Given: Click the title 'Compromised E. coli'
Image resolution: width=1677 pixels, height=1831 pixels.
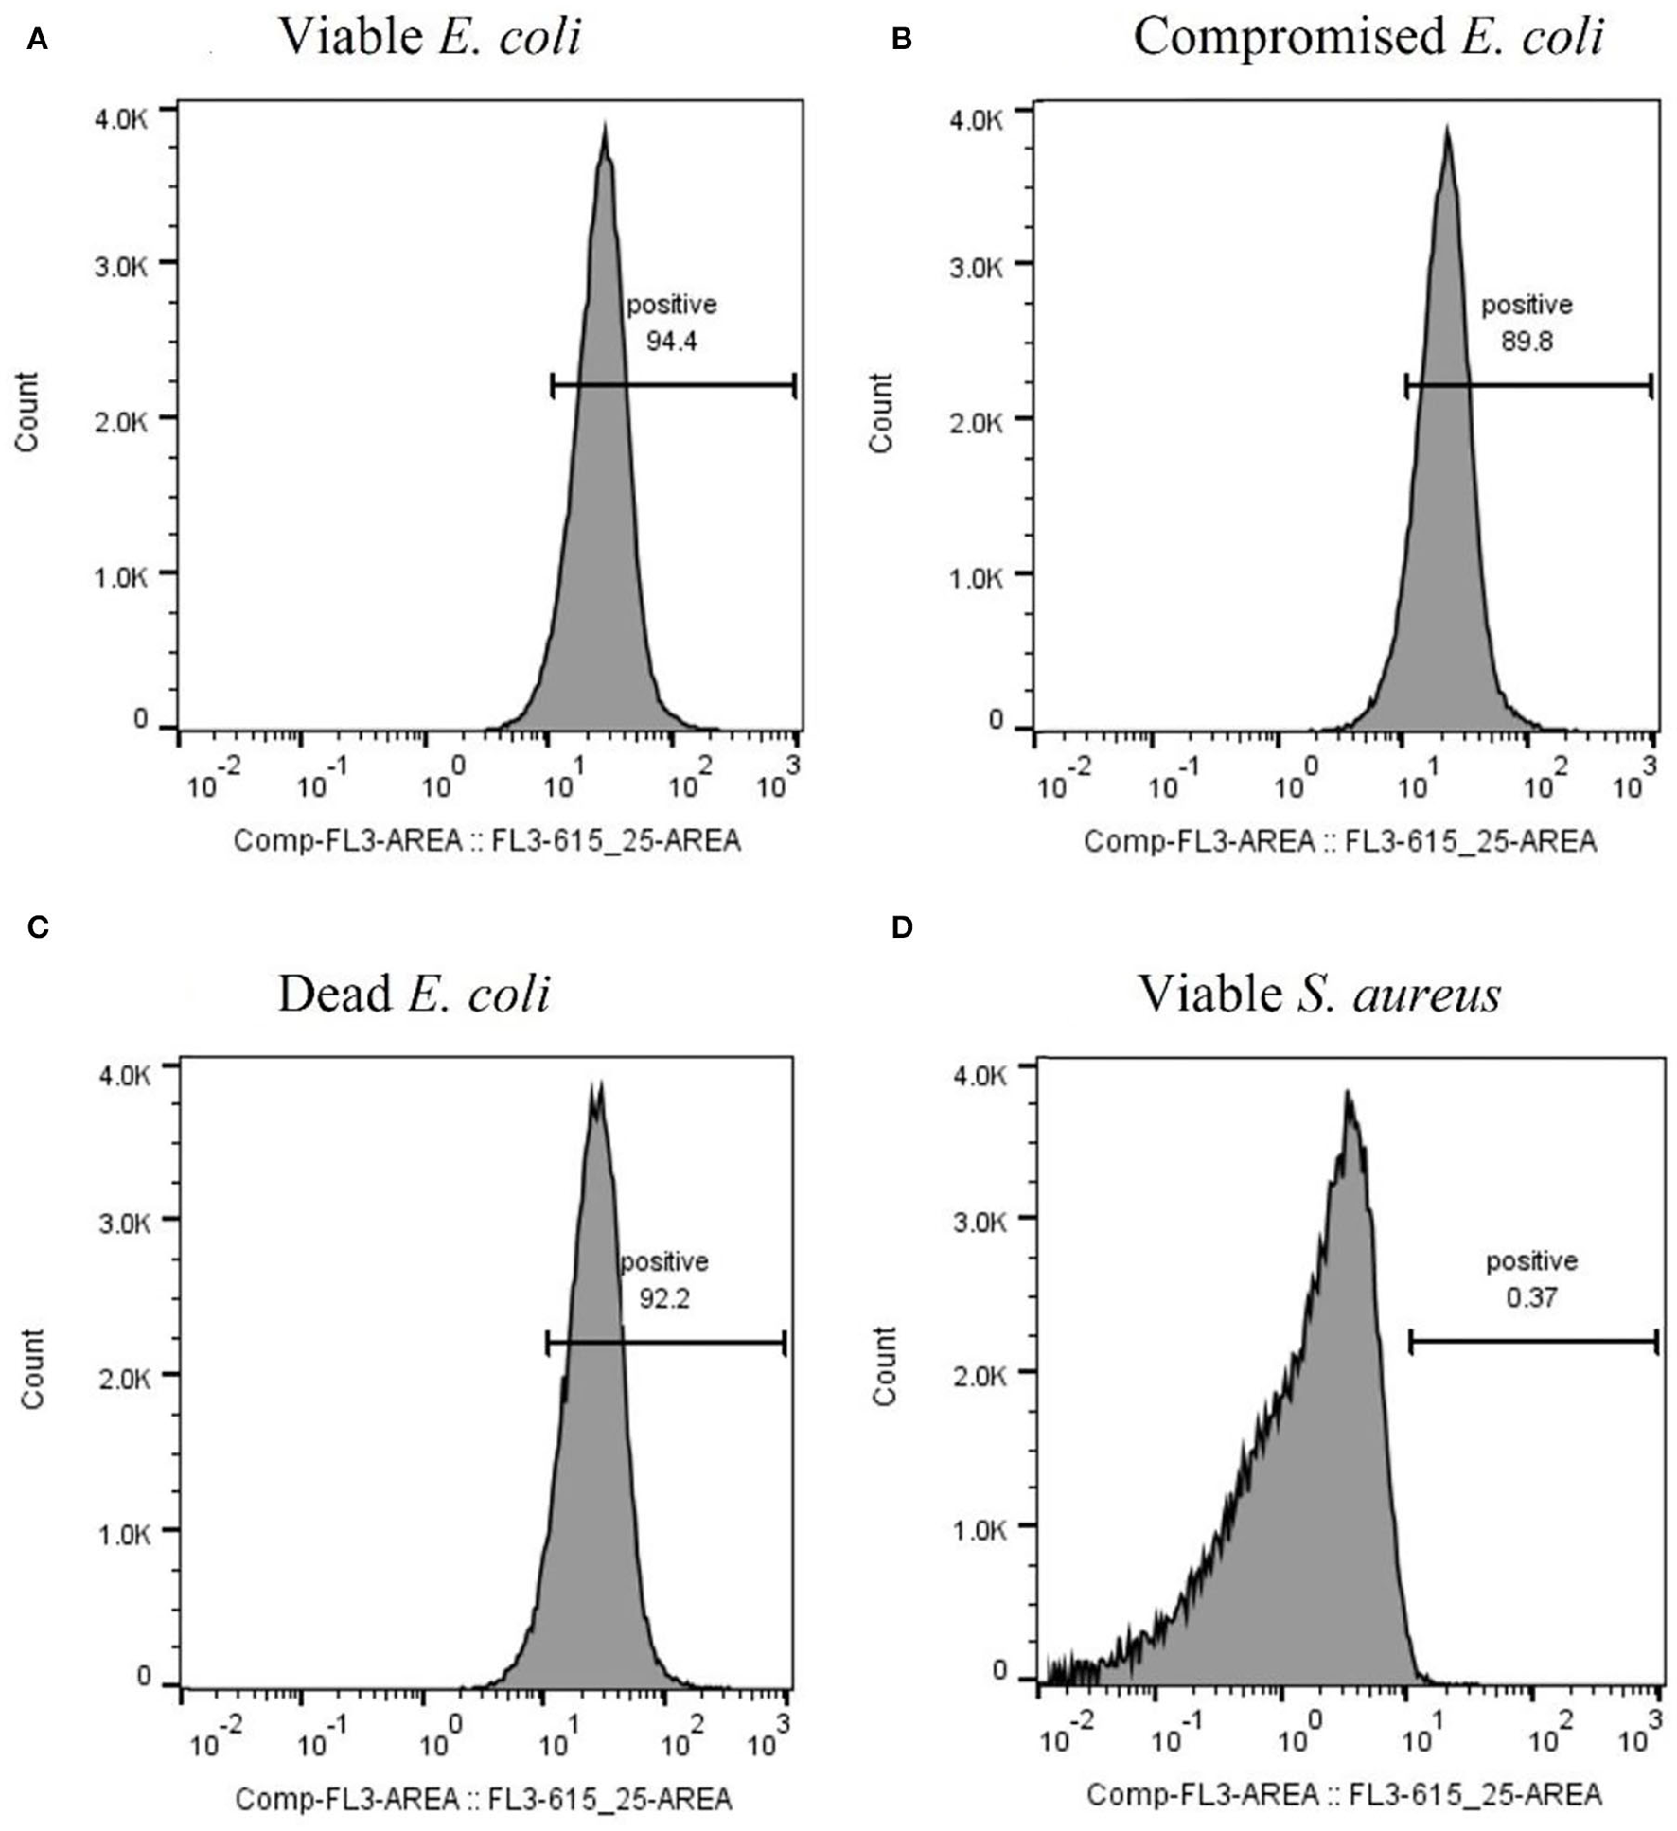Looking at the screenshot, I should click(1368, 39).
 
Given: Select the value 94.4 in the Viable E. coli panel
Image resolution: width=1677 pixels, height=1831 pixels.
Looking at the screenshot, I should click(671, 341).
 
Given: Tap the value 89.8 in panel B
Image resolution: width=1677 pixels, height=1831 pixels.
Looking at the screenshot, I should click(1527, 341).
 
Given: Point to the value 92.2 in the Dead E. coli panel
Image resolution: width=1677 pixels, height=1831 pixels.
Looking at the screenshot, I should click(663, 1297).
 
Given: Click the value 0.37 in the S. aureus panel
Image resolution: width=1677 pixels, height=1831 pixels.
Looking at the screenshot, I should click(1531, 1296).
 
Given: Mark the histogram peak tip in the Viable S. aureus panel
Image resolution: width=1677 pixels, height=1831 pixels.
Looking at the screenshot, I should click(1348, 1094).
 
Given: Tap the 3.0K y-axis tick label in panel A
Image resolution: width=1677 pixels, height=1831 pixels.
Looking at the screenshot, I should click(121, 266).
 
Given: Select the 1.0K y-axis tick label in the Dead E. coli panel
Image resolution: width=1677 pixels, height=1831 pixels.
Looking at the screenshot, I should click(124, 1535).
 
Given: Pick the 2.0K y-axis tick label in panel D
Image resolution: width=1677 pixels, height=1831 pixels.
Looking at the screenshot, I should click(980, 1375).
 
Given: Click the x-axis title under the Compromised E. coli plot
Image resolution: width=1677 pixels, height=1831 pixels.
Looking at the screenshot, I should click(1339, 840).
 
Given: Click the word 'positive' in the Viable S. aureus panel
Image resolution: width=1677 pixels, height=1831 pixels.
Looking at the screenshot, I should click(1531, 1260).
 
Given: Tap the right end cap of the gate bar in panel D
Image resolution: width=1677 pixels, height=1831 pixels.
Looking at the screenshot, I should click(1656, 1341).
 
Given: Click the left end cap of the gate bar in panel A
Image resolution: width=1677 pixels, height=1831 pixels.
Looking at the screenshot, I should click(553, 385).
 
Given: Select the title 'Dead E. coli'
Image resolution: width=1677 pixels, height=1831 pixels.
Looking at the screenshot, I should click(414, 995).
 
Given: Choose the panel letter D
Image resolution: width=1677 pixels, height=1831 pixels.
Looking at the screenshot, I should click(902, 927).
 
